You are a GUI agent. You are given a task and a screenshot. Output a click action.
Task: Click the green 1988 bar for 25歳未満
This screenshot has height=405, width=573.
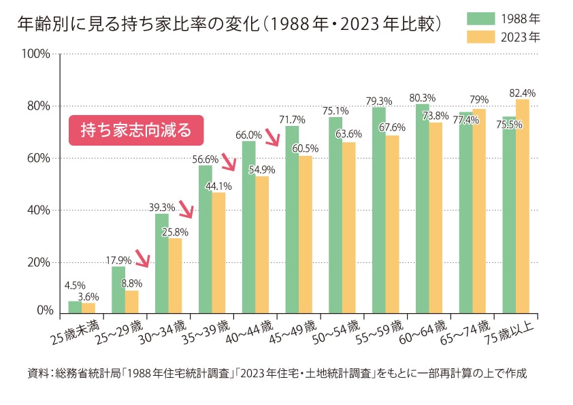(75, 308)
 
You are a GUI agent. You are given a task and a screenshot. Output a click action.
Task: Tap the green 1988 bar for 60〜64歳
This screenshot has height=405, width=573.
(422, 209)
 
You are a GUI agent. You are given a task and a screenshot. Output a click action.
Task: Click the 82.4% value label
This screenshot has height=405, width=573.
(522, 93)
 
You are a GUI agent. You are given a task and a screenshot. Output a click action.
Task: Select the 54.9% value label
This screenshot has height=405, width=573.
(262, 169)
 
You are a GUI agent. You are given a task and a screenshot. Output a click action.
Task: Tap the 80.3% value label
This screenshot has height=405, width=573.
(423, 97)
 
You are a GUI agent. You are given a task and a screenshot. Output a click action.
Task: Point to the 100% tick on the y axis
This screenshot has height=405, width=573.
(38, 54)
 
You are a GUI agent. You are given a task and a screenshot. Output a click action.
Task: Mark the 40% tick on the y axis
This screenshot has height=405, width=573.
(40, 210)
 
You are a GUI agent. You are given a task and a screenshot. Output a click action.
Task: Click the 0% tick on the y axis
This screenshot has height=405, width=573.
(44, 311)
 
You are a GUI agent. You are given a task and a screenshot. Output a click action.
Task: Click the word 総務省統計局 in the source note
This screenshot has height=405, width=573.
(86, 374)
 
